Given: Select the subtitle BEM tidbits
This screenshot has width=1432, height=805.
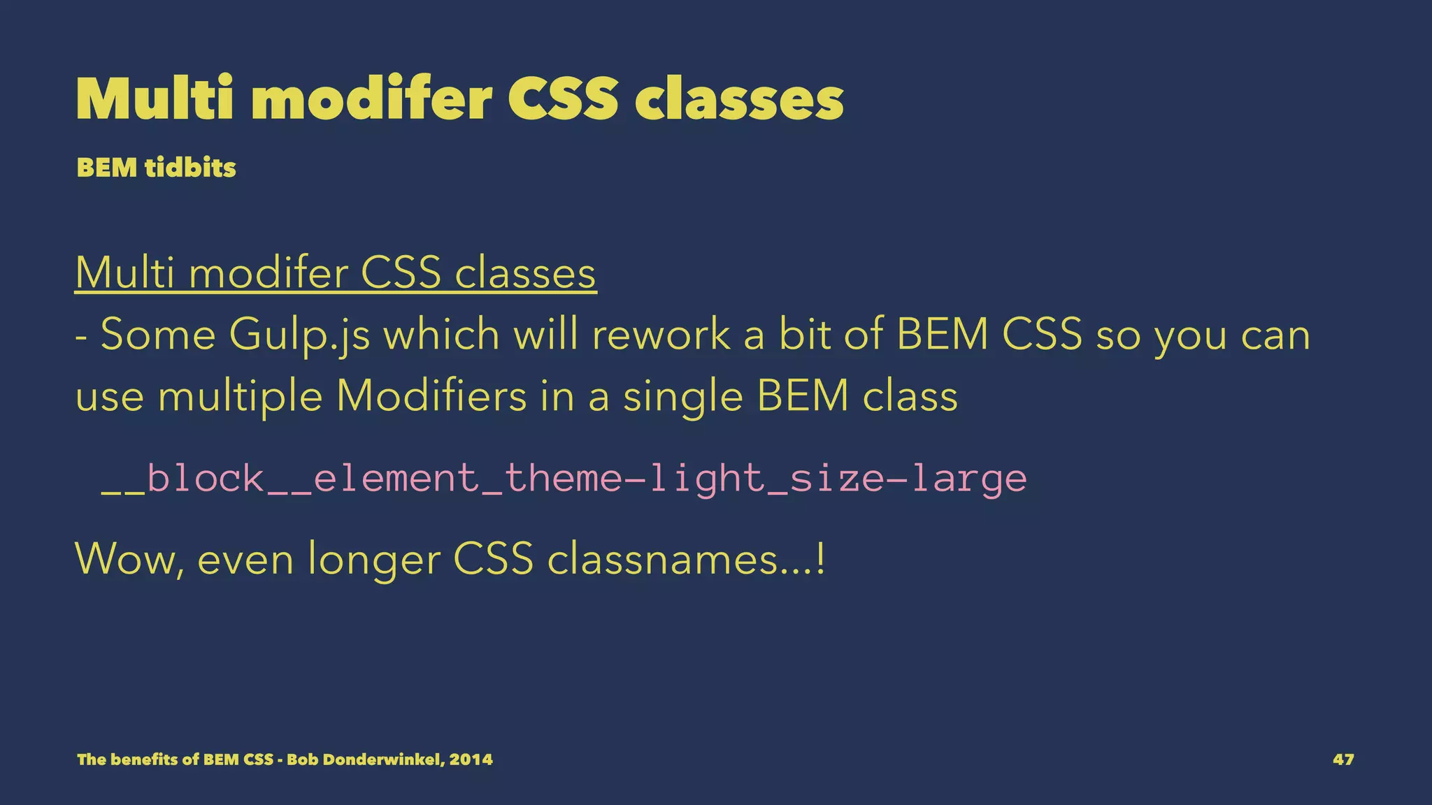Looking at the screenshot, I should click(x=157, y=168).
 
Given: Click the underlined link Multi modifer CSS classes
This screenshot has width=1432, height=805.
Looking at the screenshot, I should click(x=336, y=273).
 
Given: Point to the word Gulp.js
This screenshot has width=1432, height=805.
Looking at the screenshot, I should click(x=300, y=335).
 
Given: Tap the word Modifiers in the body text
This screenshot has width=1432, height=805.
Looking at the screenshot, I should click(x=431, y=396).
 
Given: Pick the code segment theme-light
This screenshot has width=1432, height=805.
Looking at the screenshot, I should click(x=635, y=479).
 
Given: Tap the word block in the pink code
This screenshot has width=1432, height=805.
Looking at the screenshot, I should click(x=205, y=479).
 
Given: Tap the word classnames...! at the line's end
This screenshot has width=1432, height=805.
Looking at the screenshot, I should click(x=686, y=559).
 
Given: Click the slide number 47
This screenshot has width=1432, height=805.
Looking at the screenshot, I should click(x=1343, y=760).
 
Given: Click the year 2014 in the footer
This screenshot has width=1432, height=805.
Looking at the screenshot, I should click(x=471, y=760).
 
